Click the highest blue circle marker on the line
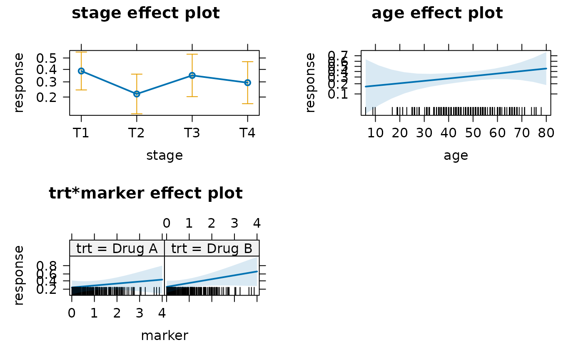tap(81, 71)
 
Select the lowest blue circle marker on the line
tap(137, 94)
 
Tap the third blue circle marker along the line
tap(192, 75)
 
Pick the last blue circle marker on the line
tap(247, 82)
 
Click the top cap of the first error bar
tap(81, 52)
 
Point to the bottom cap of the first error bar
tap(81, 90)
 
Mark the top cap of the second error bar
tap(137, 74)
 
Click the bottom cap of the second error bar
tap(137, 114)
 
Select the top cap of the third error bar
tap(192, 55)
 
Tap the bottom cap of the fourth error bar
tap(247, 104)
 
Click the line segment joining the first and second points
tap(109, 82)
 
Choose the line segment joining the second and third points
tap(164, 84)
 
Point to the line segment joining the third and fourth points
tap(219, 79)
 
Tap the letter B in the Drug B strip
tap(248, 248)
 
